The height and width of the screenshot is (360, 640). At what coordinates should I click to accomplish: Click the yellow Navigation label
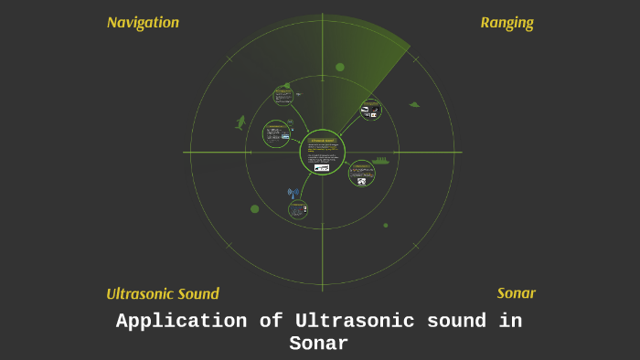pyautogui.click(x=143, y=23)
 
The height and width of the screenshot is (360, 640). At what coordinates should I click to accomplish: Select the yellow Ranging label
pyautogui.click(x=507, y=23)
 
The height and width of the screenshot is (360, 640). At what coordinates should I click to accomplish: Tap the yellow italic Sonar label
pyautogui.click(x=516, y=293)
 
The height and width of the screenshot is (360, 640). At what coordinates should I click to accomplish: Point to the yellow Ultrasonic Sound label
pyautogui.click(x=163, y=294)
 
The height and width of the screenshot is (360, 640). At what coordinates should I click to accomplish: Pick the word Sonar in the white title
pyautogui.click(x=319, y=344)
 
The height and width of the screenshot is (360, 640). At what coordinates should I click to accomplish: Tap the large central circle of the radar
pyautogui.click(x=323, y=152)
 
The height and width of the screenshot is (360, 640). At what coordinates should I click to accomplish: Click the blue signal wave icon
pyautogui.click(x=293, y=193)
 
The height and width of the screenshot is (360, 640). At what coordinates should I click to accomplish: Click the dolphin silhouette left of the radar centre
pyautogui.click(x=240, y=122)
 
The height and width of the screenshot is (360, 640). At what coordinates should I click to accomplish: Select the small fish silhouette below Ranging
pyautogui.click(x=414, y=104)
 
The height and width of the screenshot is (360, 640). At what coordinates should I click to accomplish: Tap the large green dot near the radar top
pyautogui.click(x=340, y=67)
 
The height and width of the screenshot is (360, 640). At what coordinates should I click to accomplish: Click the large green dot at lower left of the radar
pyautogui.click(x=255, y=209)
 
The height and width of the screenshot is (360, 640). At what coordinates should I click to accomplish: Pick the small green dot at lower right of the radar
pyautogui.click(x=386, y=225)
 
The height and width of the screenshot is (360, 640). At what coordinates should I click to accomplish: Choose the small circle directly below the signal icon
pyautogui.click(x=298, y=209)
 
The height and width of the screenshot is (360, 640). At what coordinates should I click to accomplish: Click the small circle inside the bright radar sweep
pyautogui.click(x=370, y=111)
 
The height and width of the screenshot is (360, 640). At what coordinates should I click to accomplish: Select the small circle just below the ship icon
pyautogui.click(x=362, y=174)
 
